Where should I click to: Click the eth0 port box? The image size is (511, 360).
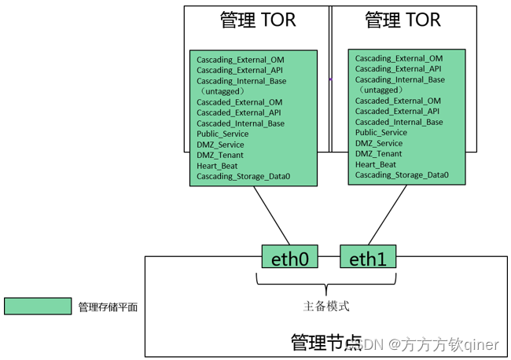289,257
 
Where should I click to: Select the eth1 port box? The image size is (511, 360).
368,257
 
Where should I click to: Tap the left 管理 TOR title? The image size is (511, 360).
257,20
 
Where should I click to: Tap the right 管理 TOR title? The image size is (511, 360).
403,20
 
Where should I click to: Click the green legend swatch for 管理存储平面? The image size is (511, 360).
37,307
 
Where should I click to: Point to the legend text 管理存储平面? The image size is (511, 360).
108,307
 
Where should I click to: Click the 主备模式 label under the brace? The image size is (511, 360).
326,306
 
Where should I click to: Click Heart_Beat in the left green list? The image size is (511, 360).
218,166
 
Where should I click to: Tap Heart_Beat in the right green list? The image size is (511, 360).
376,164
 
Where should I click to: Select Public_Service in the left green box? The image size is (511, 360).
222,134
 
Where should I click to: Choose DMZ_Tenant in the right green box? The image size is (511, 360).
378,154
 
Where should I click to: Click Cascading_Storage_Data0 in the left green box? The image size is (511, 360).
243,177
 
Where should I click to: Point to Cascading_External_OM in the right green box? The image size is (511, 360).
399,58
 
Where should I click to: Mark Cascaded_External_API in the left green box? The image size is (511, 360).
239,113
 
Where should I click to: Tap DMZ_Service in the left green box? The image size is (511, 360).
220,145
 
